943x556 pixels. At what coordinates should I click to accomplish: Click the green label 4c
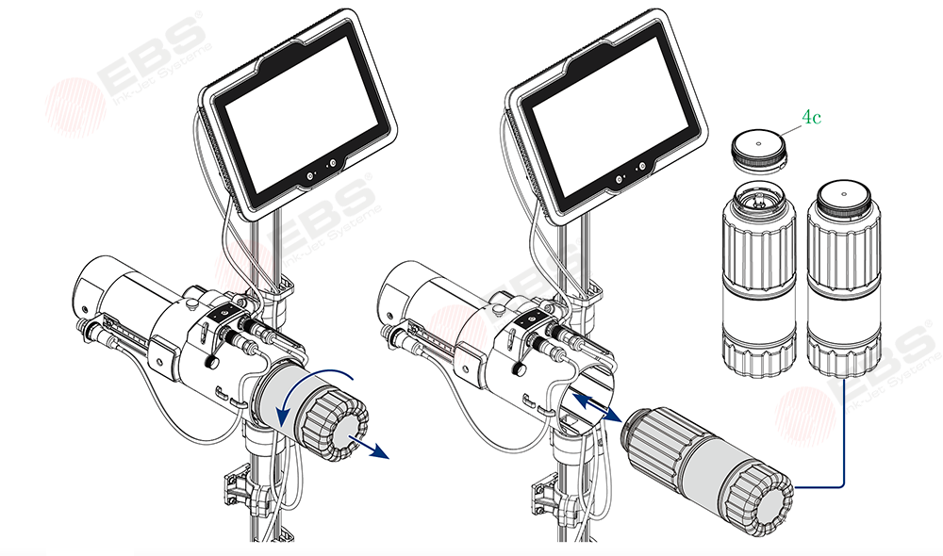[811, 117]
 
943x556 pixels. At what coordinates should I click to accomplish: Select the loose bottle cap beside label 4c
[759, 153]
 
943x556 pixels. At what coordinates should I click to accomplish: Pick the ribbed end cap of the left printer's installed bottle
[336, 424]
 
